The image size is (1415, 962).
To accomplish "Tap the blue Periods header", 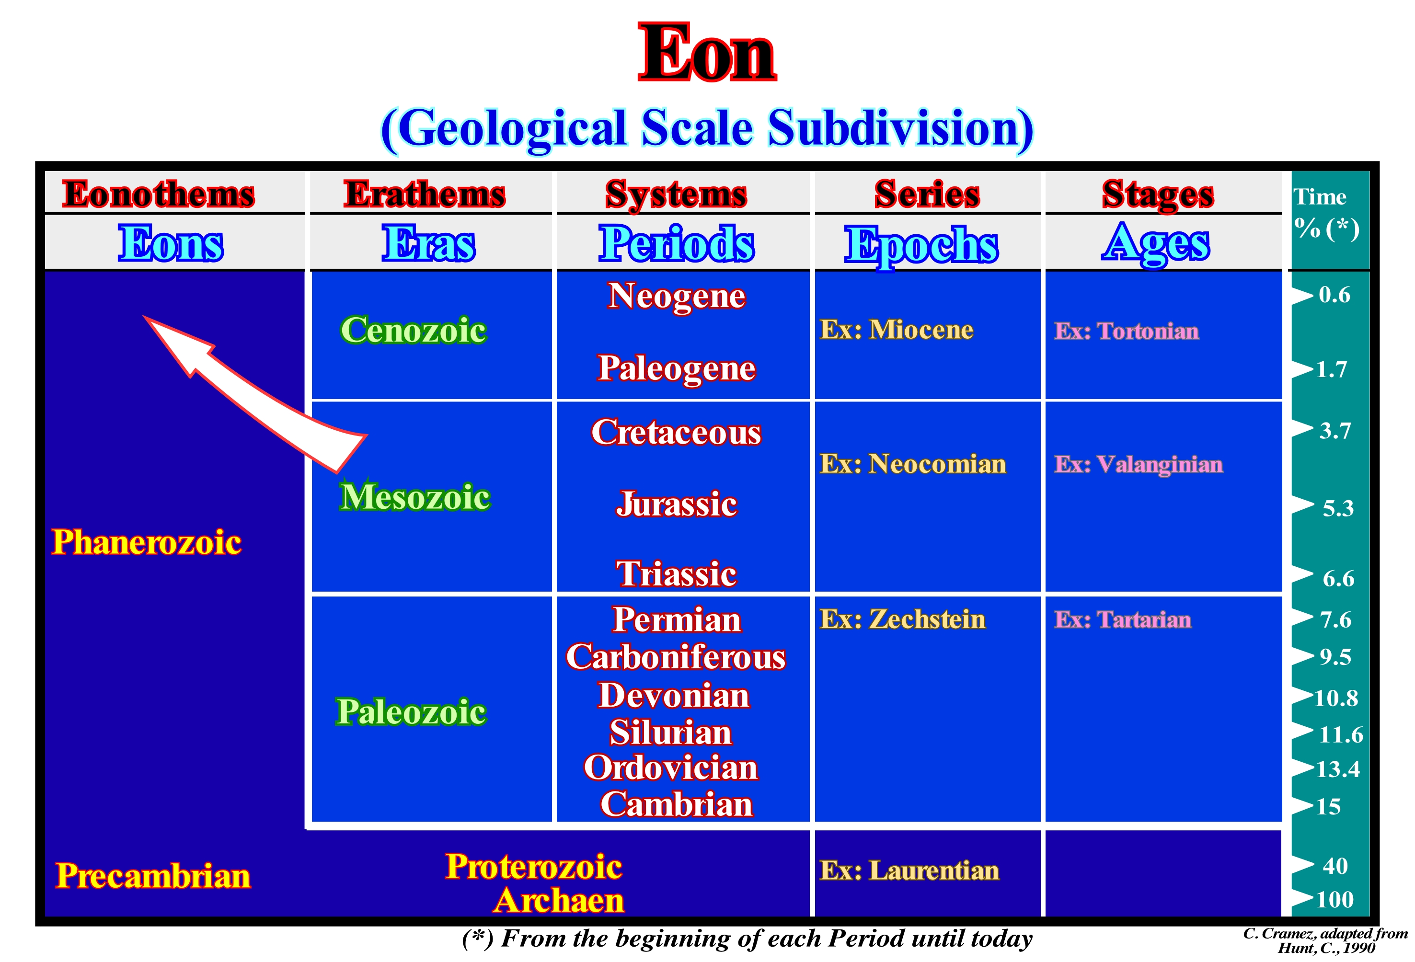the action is [x=677, y=243].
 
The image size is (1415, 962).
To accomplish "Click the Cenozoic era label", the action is [x=414, y=330].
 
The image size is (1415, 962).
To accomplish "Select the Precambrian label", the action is [x=153, y=876].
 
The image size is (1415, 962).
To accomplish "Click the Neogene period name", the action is [x=677, y=297].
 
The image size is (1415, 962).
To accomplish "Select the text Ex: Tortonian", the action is [x=1127, y=331].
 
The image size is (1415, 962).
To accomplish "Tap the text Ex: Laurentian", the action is [x=909, y=870].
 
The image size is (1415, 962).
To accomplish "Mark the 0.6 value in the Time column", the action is [x=1334, y=295].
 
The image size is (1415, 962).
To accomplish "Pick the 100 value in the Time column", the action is [x=1334, y=899].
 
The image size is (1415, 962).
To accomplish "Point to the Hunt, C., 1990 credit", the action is [x=1326, y=948].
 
